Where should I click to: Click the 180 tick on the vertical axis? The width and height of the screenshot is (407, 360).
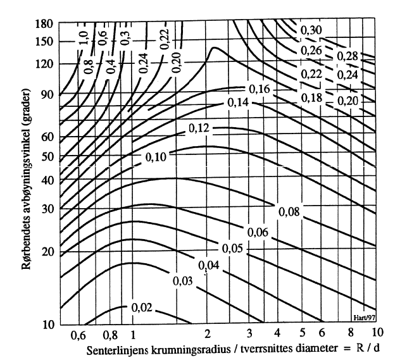[43, 25]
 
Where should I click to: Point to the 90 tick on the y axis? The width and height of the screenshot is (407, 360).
[46, 95]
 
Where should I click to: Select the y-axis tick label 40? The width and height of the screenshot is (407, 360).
[46, 180]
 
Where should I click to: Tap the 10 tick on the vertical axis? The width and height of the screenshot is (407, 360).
[46, 325]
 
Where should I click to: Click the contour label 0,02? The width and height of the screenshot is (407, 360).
[142, 307]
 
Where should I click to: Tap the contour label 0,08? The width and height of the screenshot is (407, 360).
[290, 212]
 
